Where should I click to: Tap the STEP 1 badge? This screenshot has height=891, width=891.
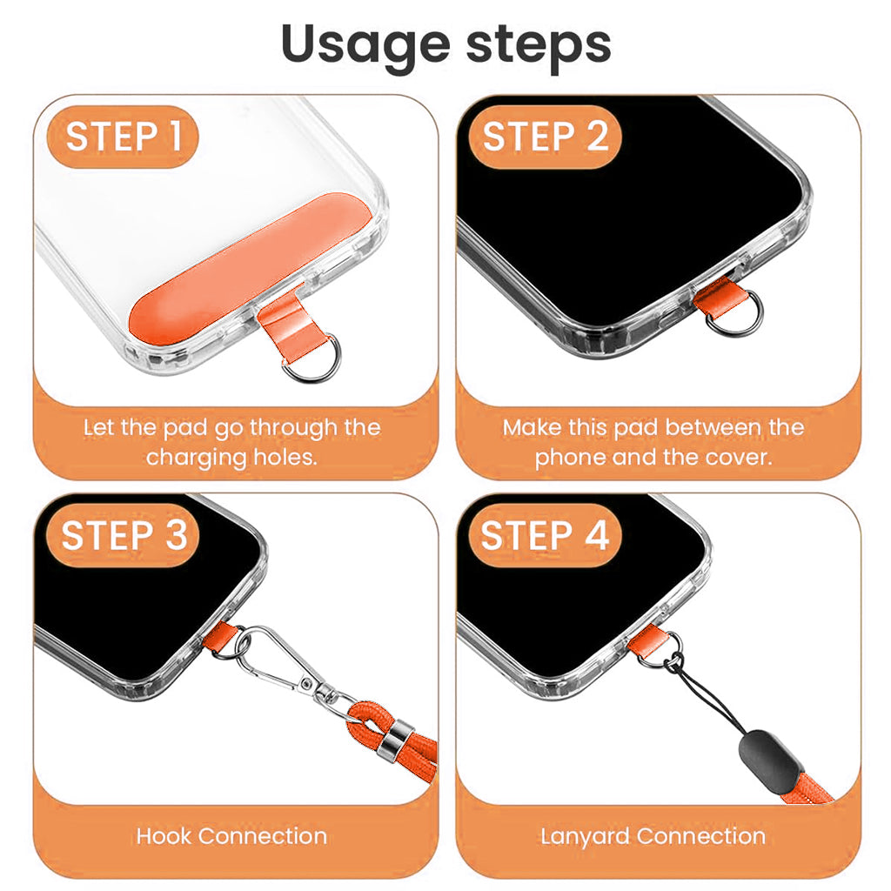click(x=124, y=137)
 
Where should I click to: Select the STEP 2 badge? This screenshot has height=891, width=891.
click(x=546, y=137)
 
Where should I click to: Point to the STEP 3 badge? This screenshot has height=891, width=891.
click(x=124, y=535)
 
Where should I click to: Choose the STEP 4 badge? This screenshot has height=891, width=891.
click(x=545, y=535)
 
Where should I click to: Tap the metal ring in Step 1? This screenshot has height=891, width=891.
click(x=312, y=358)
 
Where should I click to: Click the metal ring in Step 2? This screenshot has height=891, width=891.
click(x=734, y=313)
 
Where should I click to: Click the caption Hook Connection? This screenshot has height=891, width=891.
click(x=231, y=836)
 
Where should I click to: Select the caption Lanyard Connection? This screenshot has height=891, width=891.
click(x=653, y=836)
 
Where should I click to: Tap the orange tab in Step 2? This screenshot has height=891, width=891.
click(x=715, y=293)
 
